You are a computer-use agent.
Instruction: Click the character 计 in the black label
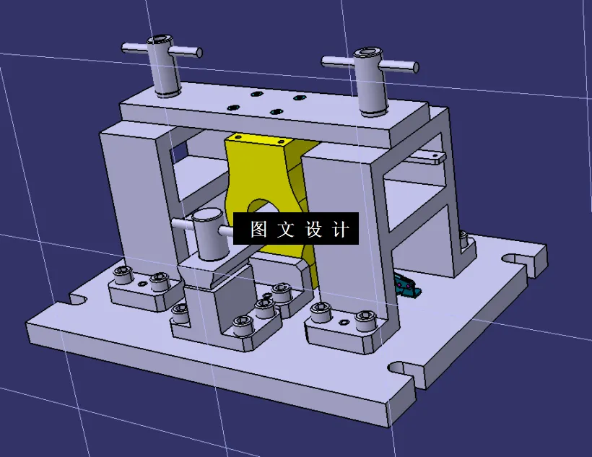click(341, 230)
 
